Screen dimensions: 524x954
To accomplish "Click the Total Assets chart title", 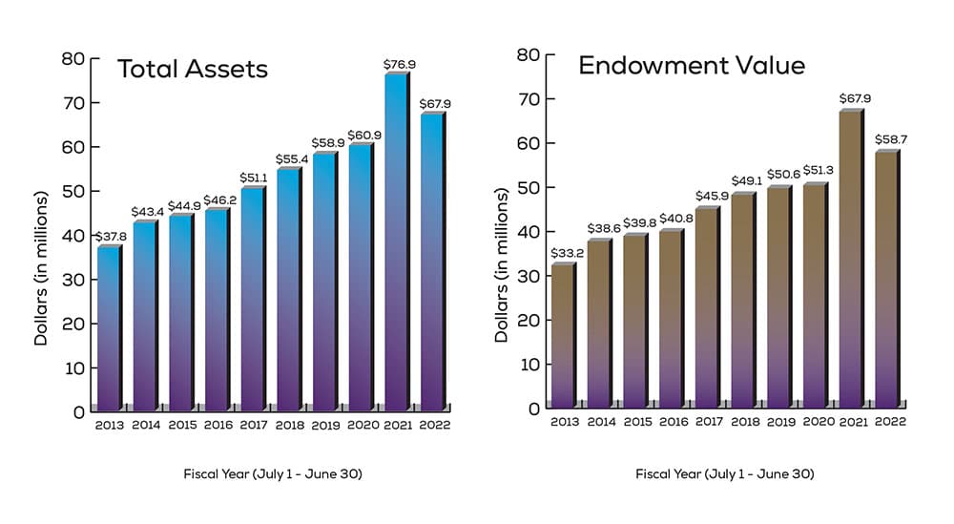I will pyautogui.click(x=192, y=70).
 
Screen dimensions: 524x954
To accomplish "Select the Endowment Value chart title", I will pyautogui.click(x=692, y=66).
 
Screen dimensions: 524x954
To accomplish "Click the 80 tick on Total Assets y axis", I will pyautogui.click(x=72, y=59).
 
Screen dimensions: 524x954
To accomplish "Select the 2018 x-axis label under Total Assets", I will pyautogui.click(x=290, y=424).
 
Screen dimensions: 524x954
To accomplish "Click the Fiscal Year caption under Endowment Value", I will pyautogui.click(x=724, y=474).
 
